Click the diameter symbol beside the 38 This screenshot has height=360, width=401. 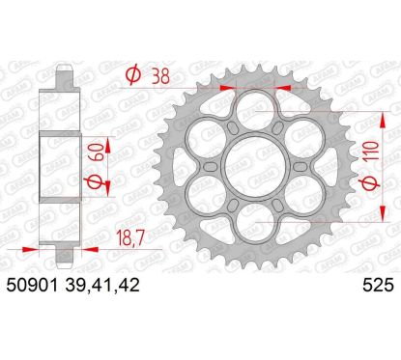[x=134, y=71]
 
